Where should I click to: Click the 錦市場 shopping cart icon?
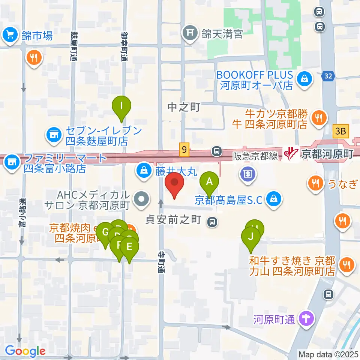tap(9, 36)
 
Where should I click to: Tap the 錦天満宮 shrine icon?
tap(189, 33)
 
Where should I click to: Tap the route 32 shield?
tap(328, 76)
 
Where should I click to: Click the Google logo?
tap(25, 351)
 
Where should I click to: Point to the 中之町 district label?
tap(184, 107)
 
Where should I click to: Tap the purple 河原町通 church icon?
tap(306, 319)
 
